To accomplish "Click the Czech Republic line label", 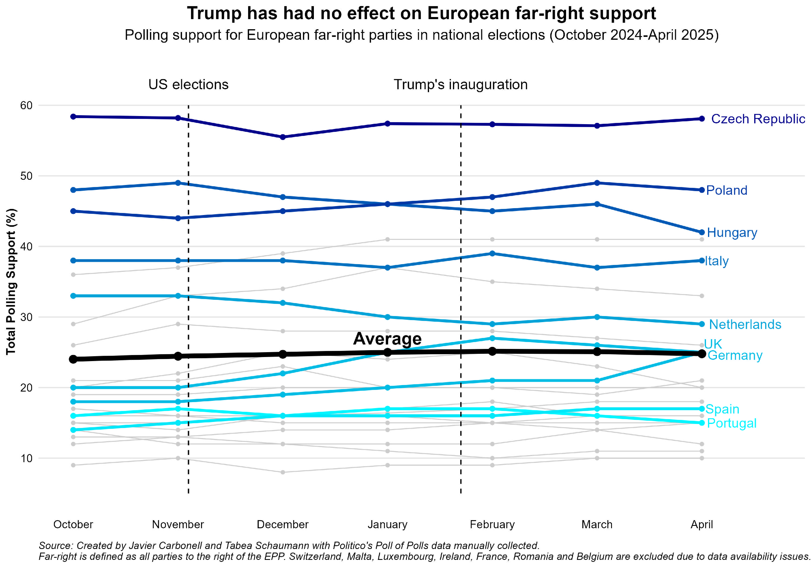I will (x=758, y=119).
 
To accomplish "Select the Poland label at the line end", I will (x=727, y=190).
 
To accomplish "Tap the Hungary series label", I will (x=732, y=232).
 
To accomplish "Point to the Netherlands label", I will (x=745, y=324).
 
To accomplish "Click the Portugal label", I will (x=732, y=423).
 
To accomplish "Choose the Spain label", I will (x=722, y=409).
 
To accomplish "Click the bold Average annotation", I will (x=387, y=338).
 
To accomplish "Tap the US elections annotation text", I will (x=188, y=84).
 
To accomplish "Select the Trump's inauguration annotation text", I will (x=461, y=84).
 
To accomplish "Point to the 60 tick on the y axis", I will (x=26, y=105).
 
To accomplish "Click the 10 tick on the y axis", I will (x=26, y=458).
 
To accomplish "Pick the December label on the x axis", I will (x=283, y=525).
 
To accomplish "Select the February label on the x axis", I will (x=492, y=525).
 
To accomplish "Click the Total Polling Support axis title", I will (x=11, y=282).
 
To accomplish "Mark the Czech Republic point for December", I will (x=283, y=137).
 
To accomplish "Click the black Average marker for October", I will (x=73, y=359).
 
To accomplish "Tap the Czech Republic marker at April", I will (x=702, y=118).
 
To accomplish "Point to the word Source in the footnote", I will (x=54, y=546).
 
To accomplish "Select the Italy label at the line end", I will (x=717, y=261).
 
